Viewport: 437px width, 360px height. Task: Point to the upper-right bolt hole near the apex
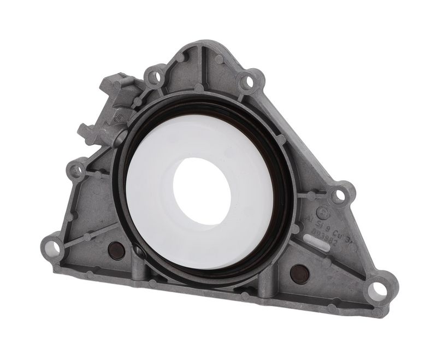point(249,82)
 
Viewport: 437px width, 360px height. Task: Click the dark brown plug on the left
point(115,251)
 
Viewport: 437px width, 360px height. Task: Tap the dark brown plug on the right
point(299,273)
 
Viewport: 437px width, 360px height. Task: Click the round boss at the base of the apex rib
point(199,87)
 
